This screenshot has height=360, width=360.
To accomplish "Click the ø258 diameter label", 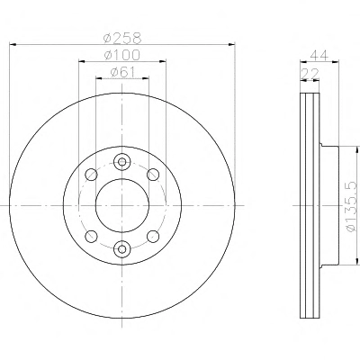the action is pyautogui.click(x=122, y=38).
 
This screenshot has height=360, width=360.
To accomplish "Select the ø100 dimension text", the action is pyautogui.click(x=122, y=55).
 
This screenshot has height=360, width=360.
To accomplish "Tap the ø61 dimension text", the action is pyautogui.click(x=122, y=72).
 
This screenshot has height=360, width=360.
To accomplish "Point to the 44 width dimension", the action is pyautogui.click(x=319, y=55).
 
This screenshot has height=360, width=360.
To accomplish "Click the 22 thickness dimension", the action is pyautogui.click(x=310, y=73).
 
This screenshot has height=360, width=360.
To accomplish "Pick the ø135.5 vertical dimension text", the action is pyautogui.click(x=352, y=207).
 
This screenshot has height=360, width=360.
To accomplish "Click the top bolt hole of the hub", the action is pyautogui.click(x=122, y=162).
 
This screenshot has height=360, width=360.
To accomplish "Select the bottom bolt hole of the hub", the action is pyautogui.click(x=122, y=248).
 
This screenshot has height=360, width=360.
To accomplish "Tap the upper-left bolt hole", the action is pyautogui.click(x=91, y=175).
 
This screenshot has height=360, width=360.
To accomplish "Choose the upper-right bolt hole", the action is pyautogui.click(x=153, y=175).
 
